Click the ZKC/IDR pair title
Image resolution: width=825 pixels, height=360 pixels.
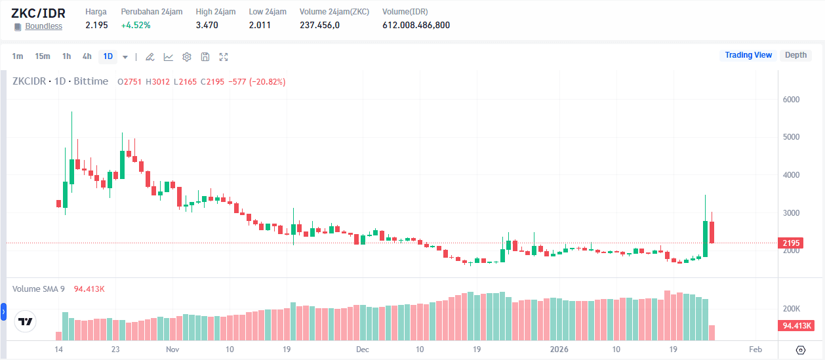pos(38,13)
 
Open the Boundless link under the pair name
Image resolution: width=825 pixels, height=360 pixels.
pos(43,26)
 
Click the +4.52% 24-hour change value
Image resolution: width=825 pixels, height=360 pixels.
pos(136,26)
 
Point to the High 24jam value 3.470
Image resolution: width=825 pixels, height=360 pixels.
pos(207,26)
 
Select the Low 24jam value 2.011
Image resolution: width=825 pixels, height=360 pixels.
pos(260,26)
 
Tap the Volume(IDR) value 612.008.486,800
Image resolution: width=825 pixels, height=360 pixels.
pos(416,26)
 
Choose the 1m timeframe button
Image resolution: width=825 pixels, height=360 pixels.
pos(18,56)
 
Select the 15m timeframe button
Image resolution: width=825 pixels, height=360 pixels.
pos(43,56)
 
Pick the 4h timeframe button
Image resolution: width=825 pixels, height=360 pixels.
pos(87,56)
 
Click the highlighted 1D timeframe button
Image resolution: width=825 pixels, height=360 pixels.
pos(108,56)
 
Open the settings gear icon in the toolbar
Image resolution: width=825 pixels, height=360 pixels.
pos(187,57)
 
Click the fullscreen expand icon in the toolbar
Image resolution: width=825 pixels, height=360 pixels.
pos(224,57)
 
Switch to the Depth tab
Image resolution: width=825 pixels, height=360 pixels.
pos(795,55)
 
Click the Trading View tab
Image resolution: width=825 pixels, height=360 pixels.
pos(748,55)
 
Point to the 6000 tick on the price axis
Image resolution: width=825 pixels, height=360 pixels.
pos(791,100)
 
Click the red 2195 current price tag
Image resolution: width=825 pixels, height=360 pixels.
pos(791,243)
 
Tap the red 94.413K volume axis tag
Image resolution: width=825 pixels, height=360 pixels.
pos(796,326)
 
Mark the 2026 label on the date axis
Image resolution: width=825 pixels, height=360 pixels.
pos(559,350)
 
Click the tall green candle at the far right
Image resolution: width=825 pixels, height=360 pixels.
pos(706,239)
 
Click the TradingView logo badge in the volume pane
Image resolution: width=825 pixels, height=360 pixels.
pos(26,322)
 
